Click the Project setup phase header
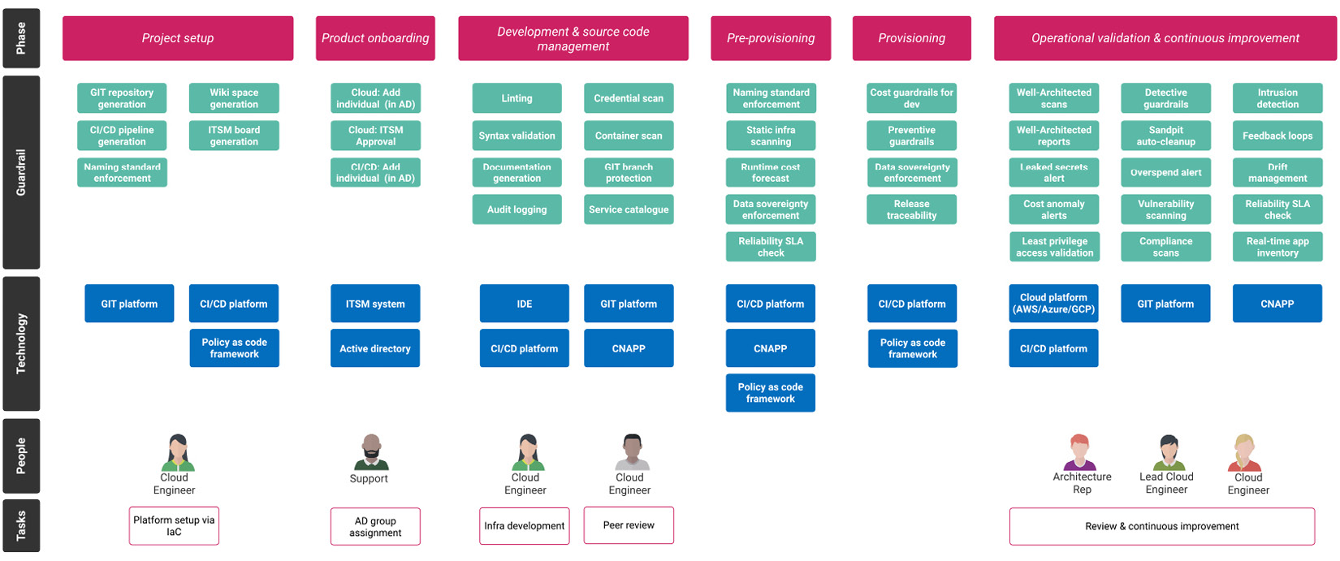click(178, 38)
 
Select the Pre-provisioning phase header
click(771, 38)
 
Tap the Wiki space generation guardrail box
click(234, 98)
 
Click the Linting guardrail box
click(517, 98)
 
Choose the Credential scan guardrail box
click(629, 98)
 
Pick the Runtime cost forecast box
click(771, 172)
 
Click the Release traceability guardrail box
click(911, 209)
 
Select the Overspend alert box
click(1165, 172)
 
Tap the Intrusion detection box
click(1277, 98)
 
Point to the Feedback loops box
click(1277, 136)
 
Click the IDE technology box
click(524, 304)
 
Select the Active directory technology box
click(375, 348)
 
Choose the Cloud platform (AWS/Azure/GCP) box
click(1053, 304)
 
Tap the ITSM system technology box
click(375, 304)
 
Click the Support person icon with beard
click(371, 452)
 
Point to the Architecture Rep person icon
click(1079, 452)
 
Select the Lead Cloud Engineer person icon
click(1169, 452)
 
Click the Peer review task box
click(629, 525)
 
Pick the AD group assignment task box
click(375, 526)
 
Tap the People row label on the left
click(21, 455)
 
